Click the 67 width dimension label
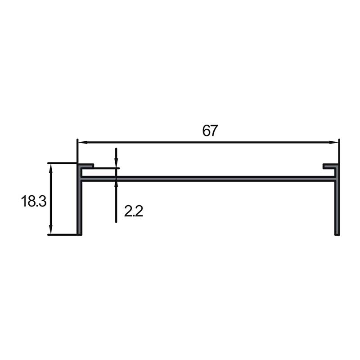[x=210, y=130]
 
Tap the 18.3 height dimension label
[x=34, y=201]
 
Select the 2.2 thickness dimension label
[x=134, y=211]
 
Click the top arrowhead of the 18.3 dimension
[x=51, y=168]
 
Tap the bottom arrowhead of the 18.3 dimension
[x=51, y=229]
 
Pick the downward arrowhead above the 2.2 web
[x=116, y=163]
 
